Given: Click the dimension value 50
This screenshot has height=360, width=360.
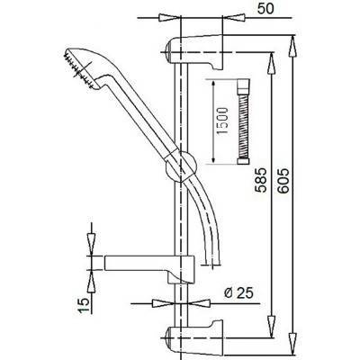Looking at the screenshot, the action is pos(265,8).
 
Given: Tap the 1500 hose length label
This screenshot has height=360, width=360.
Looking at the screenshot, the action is pos(222,121).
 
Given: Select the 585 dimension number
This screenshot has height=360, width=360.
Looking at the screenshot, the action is pos(261,180).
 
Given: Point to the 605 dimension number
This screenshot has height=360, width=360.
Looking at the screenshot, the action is pos(283,181).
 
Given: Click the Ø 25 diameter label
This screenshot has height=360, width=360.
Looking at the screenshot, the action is pos(238,293).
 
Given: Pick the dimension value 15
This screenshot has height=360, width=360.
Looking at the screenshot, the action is pos(85,305).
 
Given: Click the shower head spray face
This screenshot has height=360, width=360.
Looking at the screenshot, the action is pos(78,69).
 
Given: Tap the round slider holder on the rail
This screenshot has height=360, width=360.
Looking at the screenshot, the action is pos(181,166).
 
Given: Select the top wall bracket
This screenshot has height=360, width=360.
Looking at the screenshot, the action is pos(194,51).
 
